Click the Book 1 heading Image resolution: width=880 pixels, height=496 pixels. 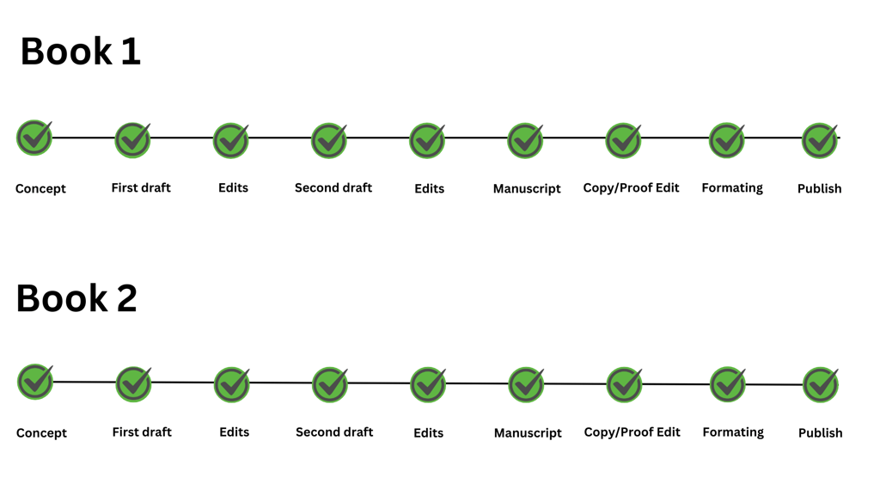pyautogui.click(x=80, y=51)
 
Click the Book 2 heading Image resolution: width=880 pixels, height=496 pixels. pyautogui.click(x=76, y=298)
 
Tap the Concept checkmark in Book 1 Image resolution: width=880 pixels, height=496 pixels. pyautogui.click(x=34, y=138)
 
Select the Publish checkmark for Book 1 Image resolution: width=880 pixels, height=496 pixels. pyautogui.click(x=820, y=140)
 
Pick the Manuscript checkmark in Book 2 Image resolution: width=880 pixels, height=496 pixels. pyautogui.click(x=527, y=385)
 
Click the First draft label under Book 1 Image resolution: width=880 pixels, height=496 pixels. pyautogui.click(x=141, y=188)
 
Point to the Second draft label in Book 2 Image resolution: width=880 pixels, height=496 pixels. pyautogui.click(x=334, y=432)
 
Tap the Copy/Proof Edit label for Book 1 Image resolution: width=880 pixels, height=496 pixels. pyautogui.click(x=631, y=188)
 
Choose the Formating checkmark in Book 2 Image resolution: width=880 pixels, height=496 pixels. pyautogui.click(x=728, y=385)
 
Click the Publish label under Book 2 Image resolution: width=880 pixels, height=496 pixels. pyautogui.click(x=821, y=432)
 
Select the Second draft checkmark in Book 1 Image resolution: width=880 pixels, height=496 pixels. pyautogui.click(x=329, y=140)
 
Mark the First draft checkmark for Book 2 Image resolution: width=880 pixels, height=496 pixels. pyautogui.click(x=133, y=384)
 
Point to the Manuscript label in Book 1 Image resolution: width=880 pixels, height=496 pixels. pyautogui.click(x=527, y=188)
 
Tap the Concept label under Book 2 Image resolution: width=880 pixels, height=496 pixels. pyautogui.click(x=41, y=433)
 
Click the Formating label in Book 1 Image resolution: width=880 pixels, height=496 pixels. pyautogui.click(x=732, y=188)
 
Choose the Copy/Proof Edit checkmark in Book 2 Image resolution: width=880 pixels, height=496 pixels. pyautogui.click(x=625, y=385)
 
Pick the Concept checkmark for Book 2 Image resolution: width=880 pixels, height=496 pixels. pyautogui.click(x=35, y=382)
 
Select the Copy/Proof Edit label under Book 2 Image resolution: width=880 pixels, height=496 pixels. pyautogui.click(x=632, y=432)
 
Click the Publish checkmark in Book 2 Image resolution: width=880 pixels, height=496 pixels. pyautogui.click(x=821, y=385)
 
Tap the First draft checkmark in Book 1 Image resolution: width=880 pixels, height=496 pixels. pyautogui.click(x=133, y=140)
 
